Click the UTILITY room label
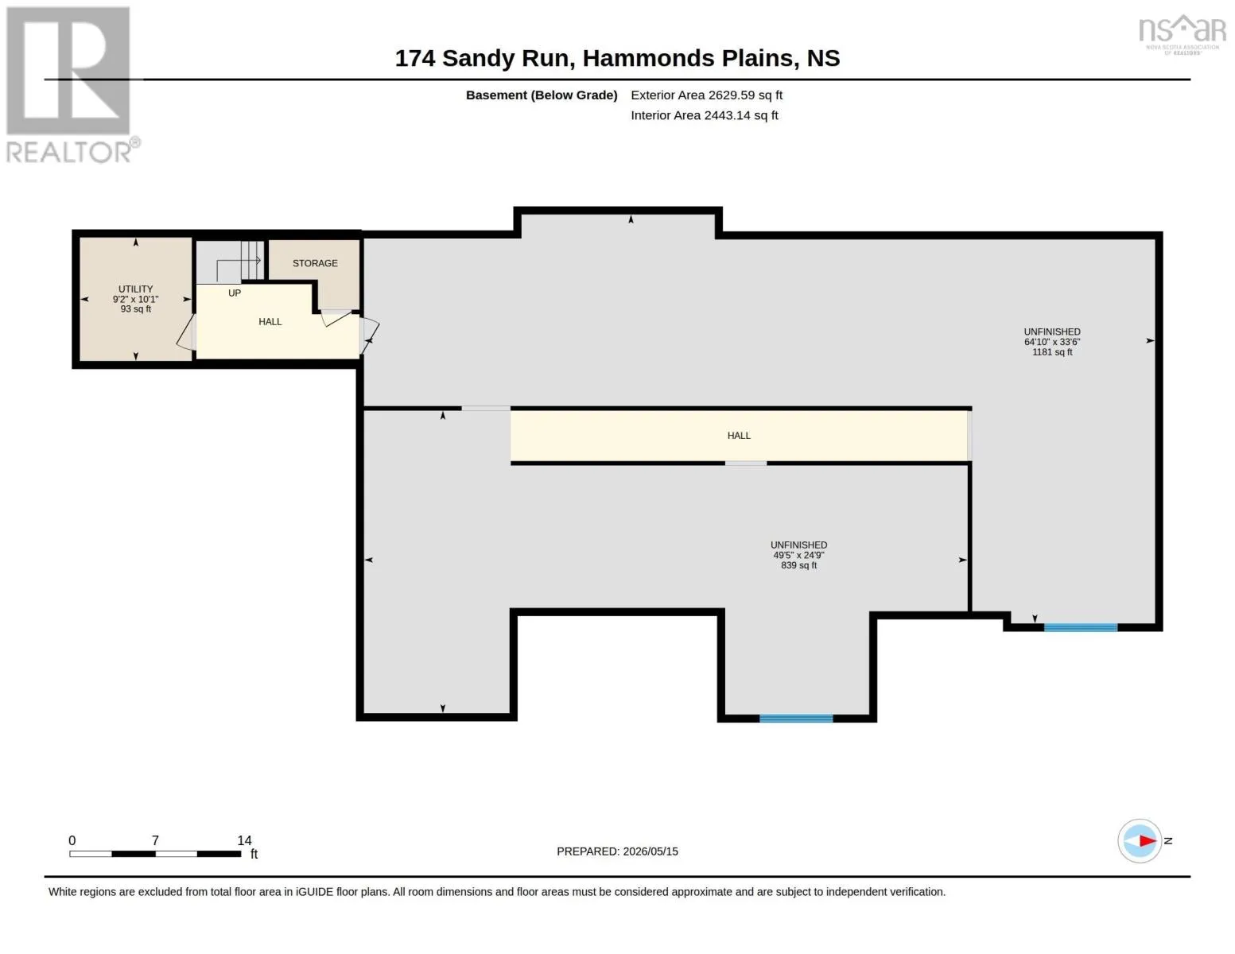[135, 289]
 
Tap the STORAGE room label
[315, 263]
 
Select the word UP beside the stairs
[234, 293]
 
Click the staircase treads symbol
[252, 260]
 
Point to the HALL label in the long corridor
[738, 435]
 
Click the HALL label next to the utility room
[270, 322]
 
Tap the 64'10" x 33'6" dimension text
[1051, 342]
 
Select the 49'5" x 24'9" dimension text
[798, 555]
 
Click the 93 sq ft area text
[135, 308]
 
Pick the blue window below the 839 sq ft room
[796, 719]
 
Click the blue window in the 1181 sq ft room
[1081, 627]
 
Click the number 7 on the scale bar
[155, 840]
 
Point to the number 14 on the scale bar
[244, 840]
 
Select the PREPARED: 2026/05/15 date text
[617, 851]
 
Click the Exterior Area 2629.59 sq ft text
[706, 95]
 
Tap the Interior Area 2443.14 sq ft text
[704, 115]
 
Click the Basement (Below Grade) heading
[541, 95]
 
